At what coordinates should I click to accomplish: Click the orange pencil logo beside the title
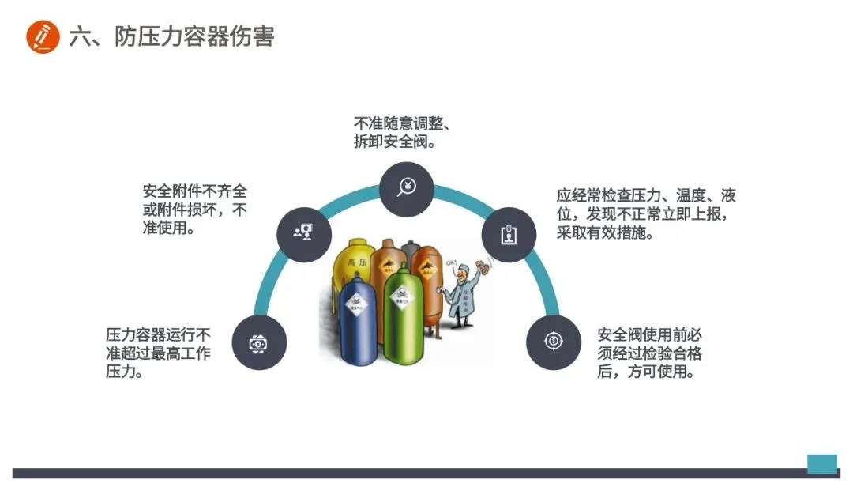(43, 36)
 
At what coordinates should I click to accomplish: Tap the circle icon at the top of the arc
(406, 188)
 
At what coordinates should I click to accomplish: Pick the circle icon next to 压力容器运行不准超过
(259, 343)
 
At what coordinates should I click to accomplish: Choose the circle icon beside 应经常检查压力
(509, 235)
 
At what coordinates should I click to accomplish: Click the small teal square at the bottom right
(821, 463)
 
